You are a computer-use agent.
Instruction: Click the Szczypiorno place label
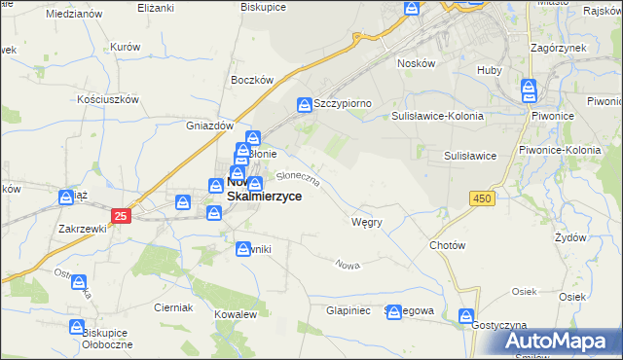point(343,102)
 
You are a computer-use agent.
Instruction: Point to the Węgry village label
point(366,222)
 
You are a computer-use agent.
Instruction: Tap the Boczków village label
point(248,81)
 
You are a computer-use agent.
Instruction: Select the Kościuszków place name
point(111,99)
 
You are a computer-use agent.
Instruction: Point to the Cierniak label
point(173,306)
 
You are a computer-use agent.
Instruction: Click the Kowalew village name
point(236,315)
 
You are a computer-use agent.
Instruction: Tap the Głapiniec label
point(346,311)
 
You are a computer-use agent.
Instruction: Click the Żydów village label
point(569,236)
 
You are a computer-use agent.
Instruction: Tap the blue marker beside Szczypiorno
point(305,102)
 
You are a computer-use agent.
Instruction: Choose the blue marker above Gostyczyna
point(467,316)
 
